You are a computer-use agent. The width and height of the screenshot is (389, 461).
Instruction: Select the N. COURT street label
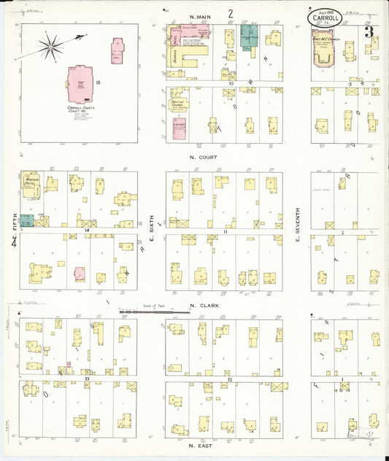(x=202, y=156)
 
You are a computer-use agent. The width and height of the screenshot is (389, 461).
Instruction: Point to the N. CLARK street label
(x=202, y=306)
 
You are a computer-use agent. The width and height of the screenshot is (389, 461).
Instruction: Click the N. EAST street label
(x=201, y=443)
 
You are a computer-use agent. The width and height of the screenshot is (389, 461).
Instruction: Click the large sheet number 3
(x=370, y=32)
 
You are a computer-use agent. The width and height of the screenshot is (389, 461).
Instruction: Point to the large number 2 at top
(x=230, y=13)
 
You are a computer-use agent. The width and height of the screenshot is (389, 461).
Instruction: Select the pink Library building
(x=179, y=128)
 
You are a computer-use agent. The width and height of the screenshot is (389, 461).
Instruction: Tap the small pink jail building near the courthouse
(x=117, y=51)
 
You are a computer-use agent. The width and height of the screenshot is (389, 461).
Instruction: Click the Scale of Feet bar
(x=155, y=311)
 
